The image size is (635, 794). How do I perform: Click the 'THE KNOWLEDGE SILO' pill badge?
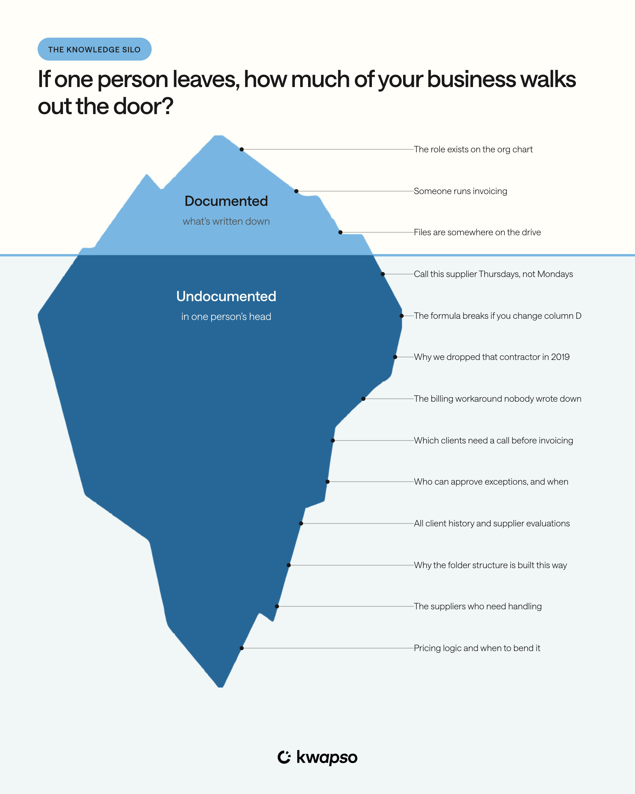tap(95, 49)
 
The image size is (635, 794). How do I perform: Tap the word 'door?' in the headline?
tap(143, 106)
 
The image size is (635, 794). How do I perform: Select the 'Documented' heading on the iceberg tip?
tap(226, 201)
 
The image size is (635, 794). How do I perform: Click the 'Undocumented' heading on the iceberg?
tap(226, 296)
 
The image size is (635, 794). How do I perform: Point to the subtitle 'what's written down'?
tap(226, 221)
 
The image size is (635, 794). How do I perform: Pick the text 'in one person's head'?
tap(226, 317)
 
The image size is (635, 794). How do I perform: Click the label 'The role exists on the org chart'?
tap(473, 149)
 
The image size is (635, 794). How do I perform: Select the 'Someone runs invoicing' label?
tap(460, 191)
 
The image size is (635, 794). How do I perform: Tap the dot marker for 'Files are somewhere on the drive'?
tap(340, 232)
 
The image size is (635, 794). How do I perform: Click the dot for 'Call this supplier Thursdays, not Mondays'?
tap(383, 274)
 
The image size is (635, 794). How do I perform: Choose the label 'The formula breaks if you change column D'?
tap(497, 316)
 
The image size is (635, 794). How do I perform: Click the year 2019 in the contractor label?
tap(560, 357)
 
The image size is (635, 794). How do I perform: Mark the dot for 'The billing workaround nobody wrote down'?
tap(363, 399)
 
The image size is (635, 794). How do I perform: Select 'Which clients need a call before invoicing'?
tap(493, 441)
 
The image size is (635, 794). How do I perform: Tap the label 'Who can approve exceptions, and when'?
tap(491, 482)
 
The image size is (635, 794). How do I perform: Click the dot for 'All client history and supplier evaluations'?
tap(301, 523)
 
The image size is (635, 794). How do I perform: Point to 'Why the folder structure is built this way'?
tap(490, 565)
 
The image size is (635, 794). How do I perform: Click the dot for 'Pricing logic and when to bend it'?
tap(241, 648)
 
